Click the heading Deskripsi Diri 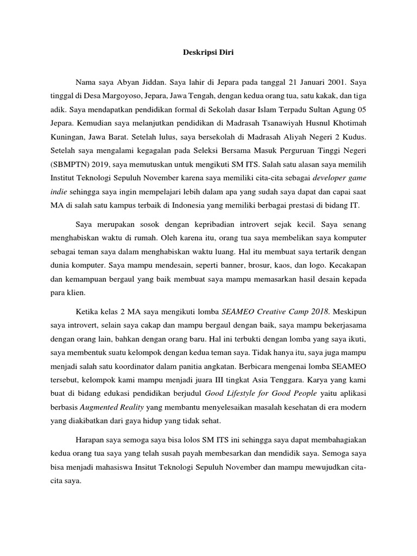point(208,53)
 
